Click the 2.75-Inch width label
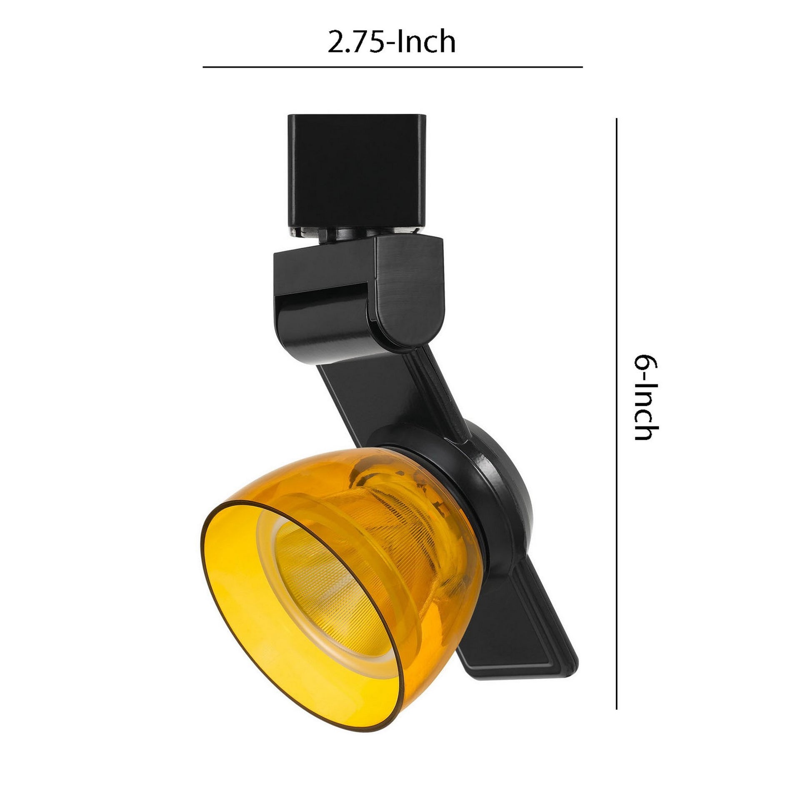tap(391, 43)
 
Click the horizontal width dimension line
tap(393, 67)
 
